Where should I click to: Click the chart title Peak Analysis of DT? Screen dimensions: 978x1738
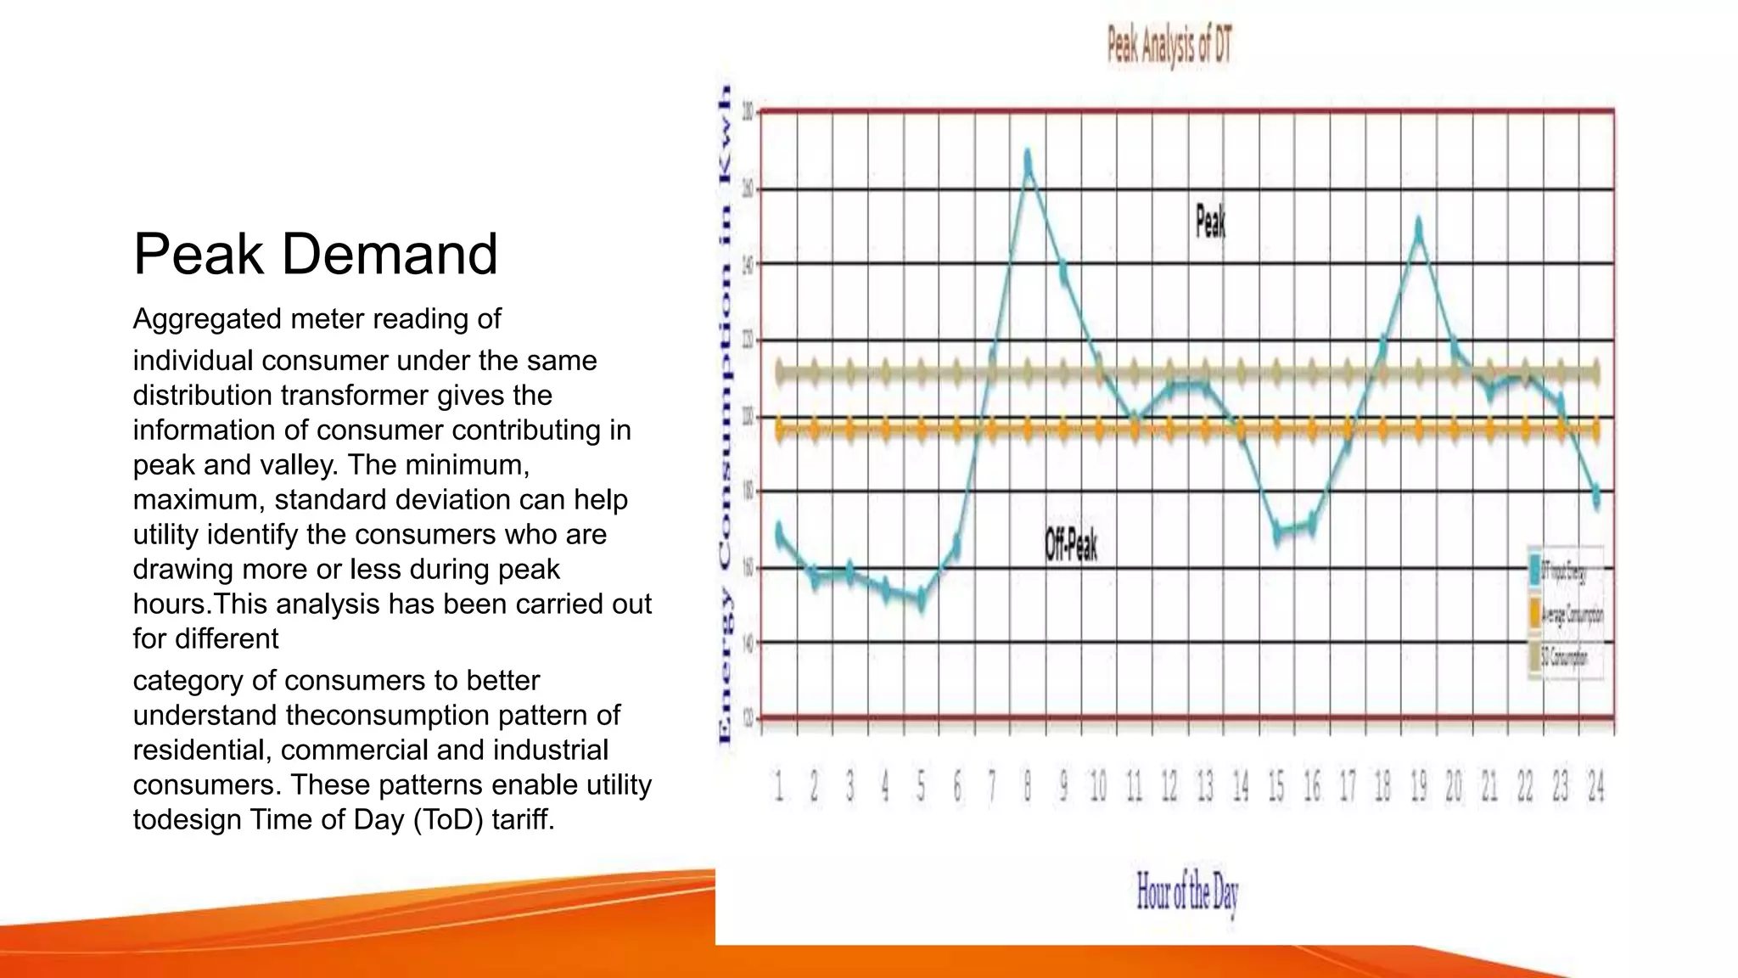pos(1169,46)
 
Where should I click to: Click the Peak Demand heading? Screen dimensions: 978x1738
pos(315,254)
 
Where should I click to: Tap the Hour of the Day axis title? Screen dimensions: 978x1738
pos(1186,892)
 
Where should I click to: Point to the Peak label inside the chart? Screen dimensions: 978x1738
pos(1210,222)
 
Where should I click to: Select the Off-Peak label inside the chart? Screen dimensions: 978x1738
pos(1071,544)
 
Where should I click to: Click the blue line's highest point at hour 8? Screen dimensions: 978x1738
pos(1028,159)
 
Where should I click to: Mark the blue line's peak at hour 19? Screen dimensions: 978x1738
pos(1419,228)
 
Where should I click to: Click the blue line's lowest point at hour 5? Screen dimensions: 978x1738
pos(921,599)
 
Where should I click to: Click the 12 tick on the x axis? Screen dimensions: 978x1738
pos(1169,787)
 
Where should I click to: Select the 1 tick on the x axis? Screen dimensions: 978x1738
pos(779,787)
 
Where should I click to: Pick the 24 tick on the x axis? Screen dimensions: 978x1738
pos(1595,787)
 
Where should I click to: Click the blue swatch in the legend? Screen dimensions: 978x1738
pos(1535,570)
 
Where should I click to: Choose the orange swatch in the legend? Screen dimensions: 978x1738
pos(1535,613)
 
